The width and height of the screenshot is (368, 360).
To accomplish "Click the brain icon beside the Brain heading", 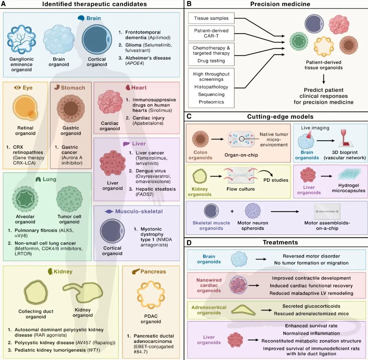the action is [81, 18].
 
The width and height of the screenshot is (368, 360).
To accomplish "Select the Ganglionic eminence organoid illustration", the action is [21, 40].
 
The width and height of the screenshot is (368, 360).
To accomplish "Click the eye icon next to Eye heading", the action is [17, 88].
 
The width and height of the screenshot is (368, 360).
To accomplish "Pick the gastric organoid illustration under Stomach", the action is [71, 108].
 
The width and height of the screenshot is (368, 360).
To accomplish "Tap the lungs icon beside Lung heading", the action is [38, 179].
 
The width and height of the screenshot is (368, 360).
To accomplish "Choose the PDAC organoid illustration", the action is [151, 295].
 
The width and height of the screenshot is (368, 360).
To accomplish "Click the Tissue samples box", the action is [211, 18].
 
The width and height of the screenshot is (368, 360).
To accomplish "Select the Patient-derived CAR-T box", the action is [211, 33].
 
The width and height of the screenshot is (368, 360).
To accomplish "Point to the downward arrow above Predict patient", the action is [324, 79].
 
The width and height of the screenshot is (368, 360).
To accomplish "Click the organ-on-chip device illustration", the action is [241, 139].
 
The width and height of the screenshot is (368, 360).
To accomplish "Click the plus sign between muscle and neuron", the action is [232, 211].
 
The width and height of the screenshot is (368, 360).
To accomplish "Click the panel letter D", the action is [189, 243].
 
